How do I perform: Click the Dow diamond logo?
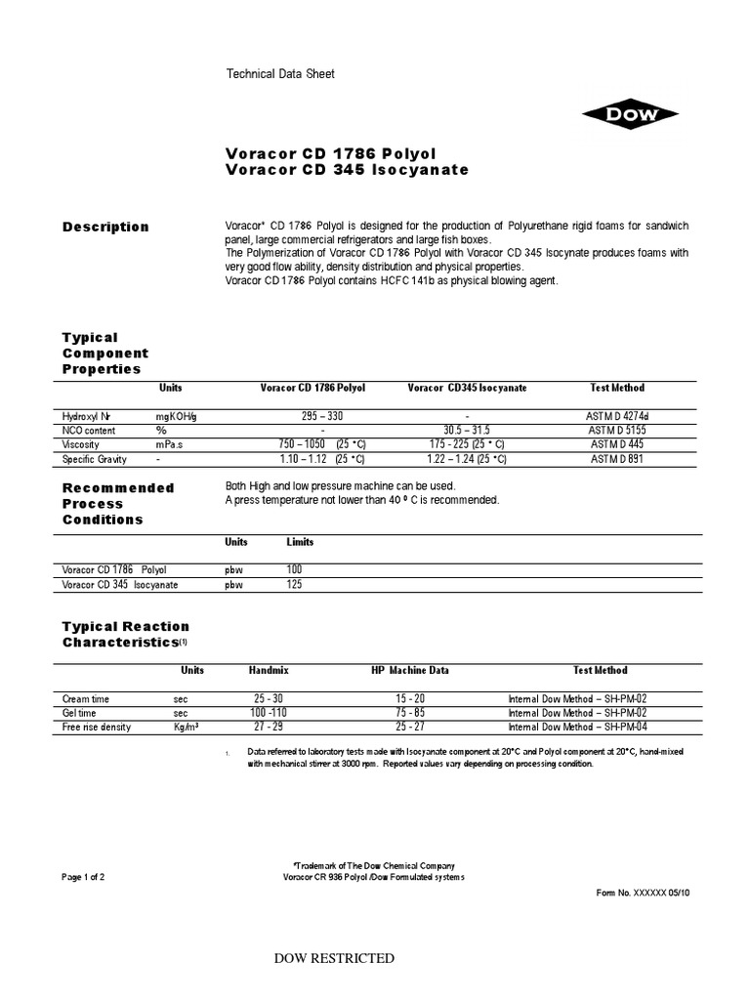(x=630, y=115)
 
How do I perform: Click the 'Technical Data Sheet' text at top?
(x=280, y=74)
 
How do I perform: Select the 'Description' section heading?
(x=105, y=227)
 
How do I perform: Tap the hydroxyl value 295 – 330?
(x=322, y=416)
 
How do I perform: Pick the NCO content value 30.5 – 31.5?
(x=467, y=431)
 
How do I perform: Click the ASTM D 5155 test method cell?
(x=617, y=431)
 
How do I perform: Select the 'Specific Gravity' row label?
(x=96, y=459)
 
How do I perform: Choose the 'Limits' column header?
(x=300, y=542)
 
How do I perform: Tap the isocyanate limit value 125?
(x=294, y=584)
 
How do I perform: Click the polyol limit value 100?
(x=294, y=569)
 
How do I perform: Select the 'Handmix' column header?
(x=269, y=671)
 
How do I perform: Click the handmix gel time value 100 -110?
(x=269, y=714)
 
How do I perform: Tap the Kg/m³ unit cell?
(x=186, y=728)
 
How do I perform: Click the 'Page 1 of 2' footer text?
(x=83, y=877)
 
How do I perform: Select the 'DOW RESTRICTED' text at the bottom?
(x=335, y=958)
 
